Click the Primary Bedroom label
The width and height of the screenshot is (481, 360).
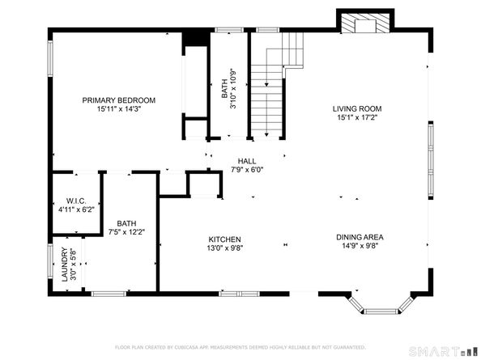tap(118, 100)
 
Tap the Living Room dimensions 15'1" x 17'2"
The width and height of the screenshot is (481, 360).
tap(356, 117)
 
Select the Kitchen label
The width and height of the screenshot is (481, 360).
tap(225, 239)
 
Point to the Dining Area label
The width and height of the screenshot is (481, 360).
tap(360, 237)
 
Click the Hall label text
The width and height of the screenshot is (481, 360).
tap(246, 161)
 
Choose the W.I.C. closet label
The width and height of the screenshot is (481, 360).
tap(75, 201)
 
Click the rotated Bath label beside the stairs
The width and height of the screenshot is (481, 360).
tap(224, 83)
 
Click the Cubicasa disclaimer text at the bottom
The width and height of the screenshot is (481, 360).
tap(240, 347)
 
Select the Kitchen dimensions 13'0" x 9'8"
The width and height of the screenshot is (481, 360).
tap(225, 248)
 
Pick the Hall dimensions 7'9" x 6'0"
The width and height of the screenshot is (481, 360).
tap(246, 170)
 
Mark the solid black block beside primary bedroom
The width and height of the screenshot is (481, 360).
tap(193, 37)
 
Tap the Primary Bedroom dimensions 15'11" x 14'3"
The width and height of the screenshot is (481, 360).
tap(118, 109)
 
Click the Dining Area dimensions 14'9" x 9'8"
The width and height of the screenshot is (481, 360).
tap(360, 247)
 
